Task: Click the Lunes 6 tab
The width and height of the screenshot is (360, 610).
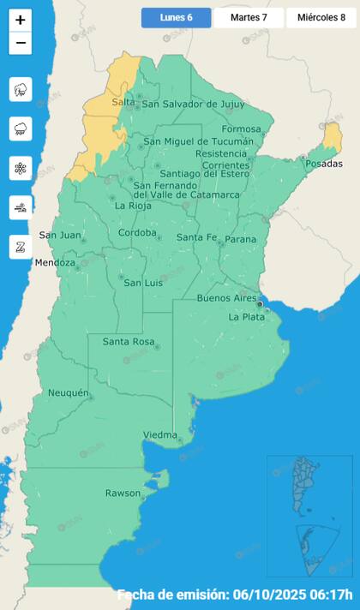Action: [x=176, y=17]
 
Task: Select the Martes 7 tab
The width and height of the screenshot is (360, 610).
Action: [x=249, y=17]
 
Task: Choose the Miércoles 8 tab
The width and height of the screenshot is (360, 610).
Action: [x=321, y=17]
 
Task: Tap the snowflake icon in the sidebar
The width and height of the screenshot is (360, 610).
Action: [x=21, y=168]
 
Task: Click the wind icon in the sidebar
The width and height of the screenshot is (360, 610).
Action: [x=21, y=207]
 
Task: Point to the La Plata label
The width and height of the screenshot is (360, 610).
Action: [x=246, y=317]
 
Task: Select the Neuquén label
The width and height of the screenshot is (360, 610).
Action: [x=69, y=393]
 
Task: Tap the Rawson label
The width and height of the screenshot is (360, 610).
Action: [x=123, y=493]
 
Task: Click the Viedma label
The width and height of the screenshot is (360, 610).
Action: [x=159, y=434]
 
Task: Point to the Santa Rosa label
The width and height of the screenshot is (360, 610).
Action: [x=129, y=342]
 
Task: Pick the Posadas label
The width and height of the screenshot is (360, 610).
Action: [x=323, y=164]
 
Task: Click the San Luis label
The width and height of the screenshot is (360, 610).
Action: [x=143, y=283]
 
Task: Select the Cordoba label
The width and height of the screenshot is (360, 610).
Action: [x=137, y=233]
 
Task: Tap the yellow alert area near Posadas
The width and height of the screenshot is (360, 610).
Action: [x=332, y=137]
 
